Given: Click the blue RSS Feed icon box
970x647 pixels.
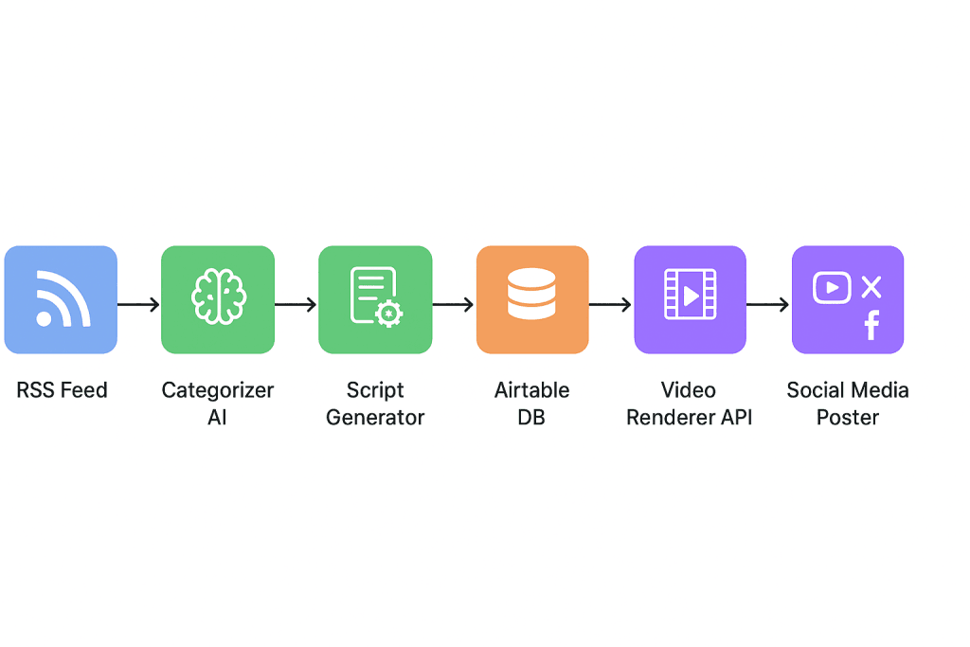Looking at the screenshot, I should [61, 299].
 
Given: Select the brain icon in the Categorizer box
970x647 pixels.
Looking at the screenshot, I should [218, 297].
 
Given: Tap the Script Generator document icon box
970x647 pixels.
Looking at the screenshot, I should [375, 299].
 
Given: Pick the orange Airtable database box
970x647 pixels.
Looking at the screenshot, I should [531, 299].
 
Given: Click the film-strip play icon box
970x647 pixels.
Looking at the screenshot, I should [690, 299].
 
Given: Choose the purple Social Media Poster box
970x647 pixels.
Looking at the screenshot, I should [848, 299].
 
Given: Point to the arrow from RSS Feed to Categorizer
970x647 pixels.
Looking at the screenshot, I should [138, 304].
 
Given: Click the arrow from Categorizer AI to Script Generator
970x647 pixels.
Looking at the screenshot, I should [296, 304].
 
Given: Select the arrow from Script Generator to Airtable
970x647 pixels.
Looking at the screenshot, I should [453, 304].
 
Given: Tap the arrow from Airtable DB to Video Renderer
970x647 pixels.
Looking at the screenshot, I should [610, 304].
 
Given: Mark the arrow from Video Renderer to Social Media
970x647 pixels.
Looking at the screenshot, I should [767, 304].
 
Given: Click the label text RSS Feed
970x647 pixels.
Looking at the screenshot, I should [63, 390].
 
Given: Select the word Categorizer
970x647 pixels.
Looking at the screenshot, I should [218, 390].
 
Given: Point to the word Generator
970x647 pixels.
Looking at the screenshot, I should [375, 417].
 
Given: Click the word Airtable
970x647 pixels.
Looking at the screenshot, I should [532, 390].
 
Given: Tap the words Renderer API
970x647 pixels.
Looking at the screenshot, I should [690, 417].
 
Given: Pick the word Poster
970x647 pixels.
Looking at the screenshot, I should [848, 417].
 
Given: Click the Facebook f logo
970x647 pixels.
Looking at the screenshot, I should [871, 325].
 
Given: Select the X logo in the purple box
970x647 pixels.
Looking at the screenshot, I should [871, 286].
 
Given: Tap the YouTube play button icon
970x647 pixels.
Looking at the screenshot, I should [832, 287].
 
